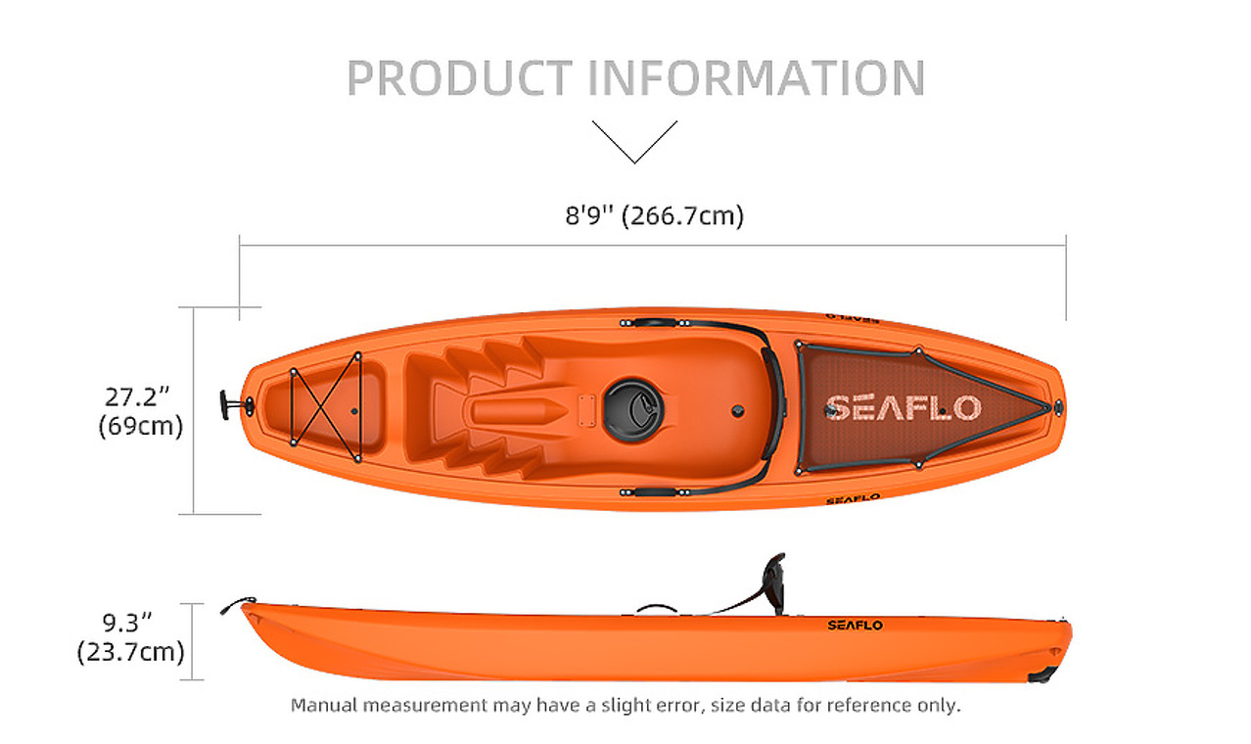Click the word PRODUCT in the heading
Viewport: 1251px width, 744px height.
pyautogui.click(x=460, y=77)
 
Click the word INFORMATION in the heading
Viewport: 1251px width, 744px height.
pyautogui.click(x=757, y=77)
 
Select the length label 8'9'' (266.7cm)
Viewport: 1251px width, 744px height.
pyautogui.click(x=655, y=215)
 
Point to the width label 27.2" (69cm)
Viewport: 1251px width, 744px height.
pyautogui.click(x=140, y=412)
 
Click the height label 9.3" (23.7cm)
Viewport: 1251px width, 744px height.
pyautogui.click(x=130, y=637)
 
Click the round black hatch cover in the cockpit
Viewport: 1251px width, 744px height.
pyautogui.click(x=633, y=410)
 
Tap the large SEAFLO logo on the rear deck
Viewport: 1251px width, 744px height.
pyautogui.click(x=903, y=408)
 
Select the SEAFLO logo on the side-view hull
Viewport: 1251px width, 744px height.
pyautogui.click(x=855, y=625)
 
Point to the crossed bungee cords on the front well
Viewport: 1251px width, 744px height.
pyautogui.click(x=326, y=408)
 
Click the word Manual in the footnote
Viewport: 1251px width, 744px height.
pyautogui.click(x=323, y=705)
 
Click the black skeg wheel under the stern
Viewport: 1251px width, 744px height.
pyautogui.click(x=1042, y=675)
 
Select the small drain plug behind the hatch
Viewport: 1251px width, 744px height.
pyautogui.click(x=738, y=412)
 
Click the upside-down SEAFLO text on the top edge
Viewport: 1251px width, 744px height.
pyautogui.click(x=853, y=318)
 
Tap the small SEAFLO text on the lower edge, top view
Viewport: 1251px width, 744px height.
pyautogui.click(x=853, y=499)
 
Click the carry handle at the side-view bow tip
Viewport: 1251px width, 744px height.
pyautogui.click(x=237, y=604)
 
